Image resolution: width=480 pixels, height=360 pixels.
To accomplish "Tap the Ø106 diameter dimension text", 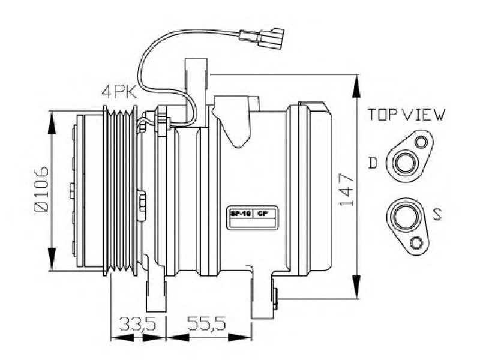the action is click(x=41, y=189).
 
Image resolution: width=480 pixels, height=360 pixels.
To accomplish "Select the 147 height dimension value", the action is click(x=347, y=190).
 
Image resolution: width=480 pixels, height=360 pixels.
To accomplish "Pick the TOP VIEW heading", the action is click(x=407, y=115).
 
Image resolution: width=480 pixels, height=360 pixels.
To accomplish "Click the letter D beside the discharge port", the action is click(x=373, y=163).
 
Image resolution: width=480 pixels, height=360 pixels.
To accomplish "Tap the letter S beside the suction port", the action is click(x=437, y=214).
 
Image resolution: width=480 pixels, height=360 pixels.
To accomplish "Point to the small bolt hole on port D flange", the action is click(x=422, y=142).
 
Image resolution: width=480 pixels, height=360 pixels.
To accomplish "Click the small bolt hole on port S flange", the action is click(x=416, y=244).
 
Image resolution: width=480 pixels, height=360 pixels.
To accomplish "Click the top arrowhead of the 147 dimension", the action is click(x=356, y=86).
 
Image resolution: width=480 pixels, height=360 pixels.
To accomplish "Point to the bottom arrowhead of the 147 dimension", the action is click(x=356, y=286).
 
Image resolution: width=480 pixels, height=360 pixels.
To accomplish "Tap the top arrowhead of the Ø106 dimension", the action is click(x=53, y=122).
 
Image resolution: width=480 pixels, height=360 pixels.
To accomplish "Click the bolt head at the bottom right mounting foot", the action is click(x=275, y=298).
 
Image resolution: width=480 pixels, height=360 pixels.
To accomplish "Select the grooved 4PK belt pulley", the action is click(x=121, y=190).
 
